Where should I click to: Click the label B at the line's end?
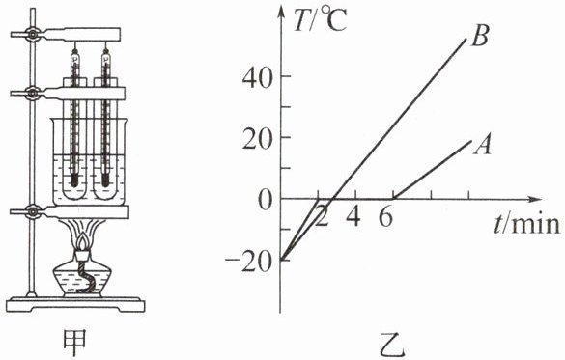pos(480,36)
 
